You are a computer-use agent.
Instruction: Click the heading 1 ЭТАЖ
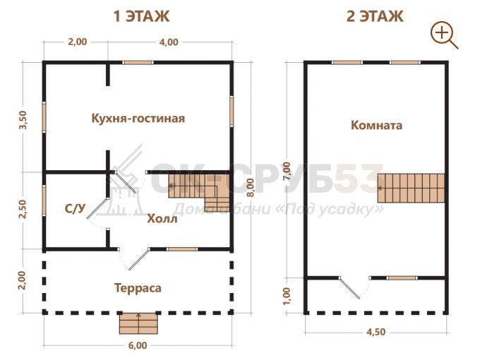click(x=141, y=16)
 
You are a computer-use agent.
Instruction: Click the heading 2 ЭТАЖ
click(x=375, y=16)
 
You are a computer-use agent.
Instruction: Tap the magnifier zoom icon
click(x=444, y=35)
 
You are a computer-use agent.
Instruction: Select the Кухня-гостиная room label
click(x=138, y=118)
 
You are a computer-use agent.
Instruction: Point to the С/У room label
click(x=75, y=208)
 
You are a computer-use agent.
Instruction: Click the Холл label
click(x=162, y=219)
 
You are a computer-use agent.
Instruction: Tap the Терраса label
click(x=138, y=288)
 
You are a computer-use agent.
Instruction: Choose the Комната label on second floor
click(x=376, y=125)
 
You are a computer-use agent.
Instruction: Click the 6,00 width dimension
click(x=138, y=345)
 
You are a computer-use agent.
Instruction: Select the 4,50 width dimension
click(x=376, y=332)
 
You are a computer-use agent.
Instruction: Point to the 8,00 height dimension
click(x=251, y=187)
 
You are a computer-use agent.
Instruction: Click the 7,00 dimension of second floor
click(x=287, y=172)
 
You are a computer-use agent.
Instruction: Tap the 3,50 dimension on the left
click(x=23, y=120)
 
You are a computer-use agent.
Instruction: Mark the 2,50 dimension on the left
click(x=23, y=209)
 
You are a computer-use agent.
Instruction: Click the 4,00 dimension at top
click(x=169, y=42)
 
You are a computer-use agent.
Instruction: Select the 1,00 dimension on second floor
click(x=287, y=296)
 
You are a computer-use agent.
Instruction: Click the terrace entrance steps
click(x=138, y=323)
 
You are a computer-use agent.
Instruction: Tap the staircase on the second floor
click(x=411, y=188)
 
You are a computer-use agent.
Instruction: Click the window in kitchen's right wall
click(x=232, y=111)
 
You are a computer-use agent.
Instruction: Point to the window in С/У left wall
click(x=44, y=200)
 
